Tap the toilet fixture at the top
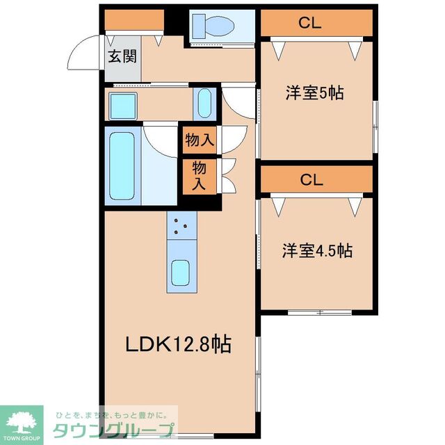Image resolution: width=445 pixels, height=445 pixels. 213,26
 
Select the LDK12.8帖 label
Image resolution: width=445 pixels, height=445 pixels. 178,343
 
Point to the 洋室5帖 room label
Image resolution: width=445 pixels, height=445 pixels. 315,94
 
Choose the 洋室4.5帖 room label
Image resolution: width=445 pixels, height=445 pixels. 316,250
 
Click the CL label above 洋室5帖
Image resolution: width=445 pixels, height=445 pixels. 310,23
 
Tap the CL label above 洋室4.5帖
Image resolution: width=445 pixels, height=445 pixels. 311,179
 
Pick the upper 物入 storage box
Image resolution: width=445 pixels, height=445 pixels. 200,140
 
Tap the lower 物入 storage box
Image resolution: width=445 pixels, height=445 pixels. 200,176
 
